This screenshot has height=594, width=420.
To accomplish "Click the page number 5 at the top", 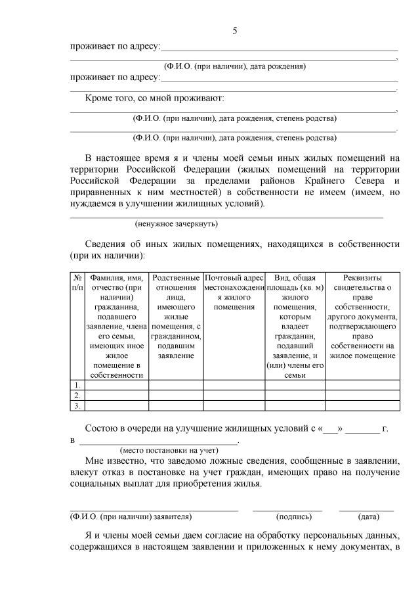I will [x=234, y=32].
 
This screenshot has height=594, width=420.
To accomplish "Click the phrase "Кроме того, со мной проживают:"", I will [x=154, y=99].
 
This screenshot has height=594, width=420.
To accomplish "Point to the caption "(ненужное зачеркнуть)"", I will [x=172, y=224].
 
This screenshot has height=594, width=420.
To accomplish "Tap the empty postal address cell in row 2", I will [x=234, y=395].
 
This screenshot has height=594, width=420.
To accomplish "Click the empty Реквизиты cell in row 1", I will [x=362, y=384].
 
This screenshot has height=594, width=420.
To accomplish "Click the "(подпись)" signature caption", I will [x=288, y=516].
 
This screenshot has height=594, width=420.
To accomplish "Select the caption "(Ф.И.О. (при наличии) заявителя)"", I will [x=131, y=516].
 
